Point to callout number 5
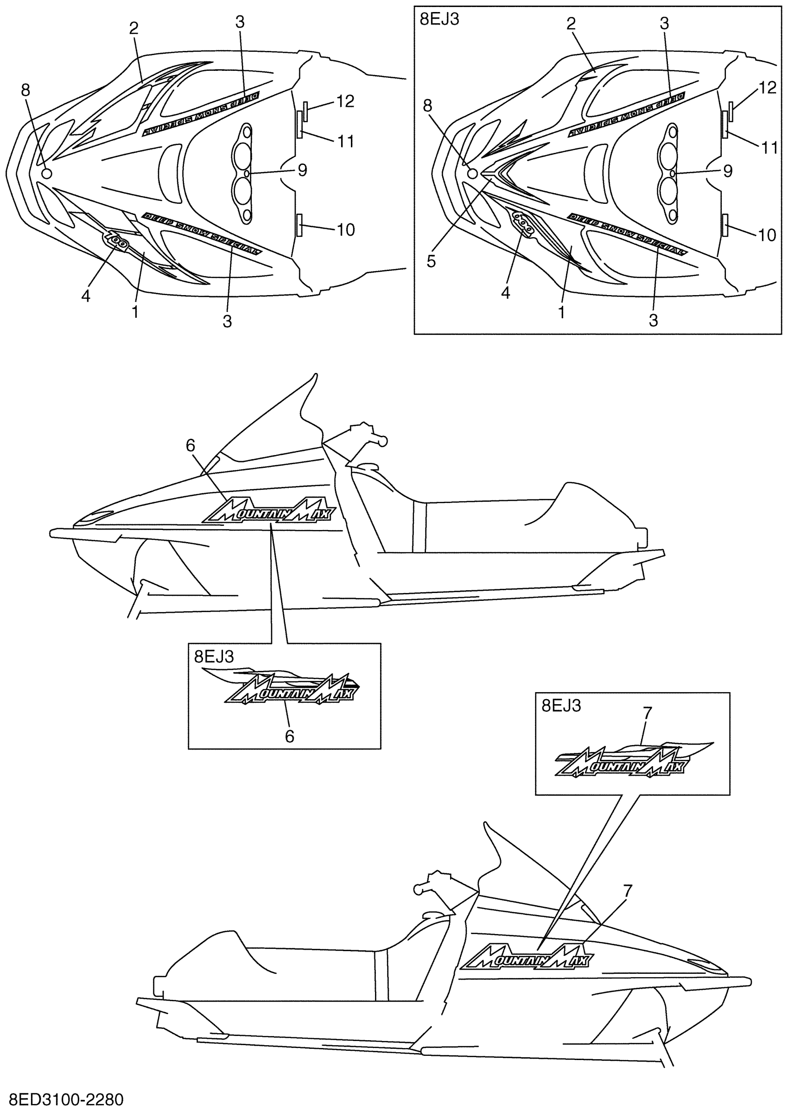[x=432, y=261]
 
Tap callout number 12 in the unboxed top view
[x=345, y=101]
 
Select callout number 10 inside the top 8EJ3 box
[x=767, y=235]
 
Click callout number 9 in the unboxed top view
[x=302, y=170]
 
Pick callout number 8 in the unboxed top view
[x=25, y=90]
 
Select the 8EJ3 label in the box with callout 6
[x=214, y=656]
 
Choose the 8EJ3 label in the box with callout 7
[x=561, y=706]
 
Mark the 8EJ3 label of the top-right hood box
[x=439, y=19]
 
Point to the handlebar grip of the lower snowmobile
[x=418, y=889]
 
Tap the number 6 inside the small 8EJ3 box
[x=289, y=737]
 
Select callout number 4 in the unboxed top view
[x=86, y=296]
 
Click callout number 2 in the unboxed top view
[x=134, y=28]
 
